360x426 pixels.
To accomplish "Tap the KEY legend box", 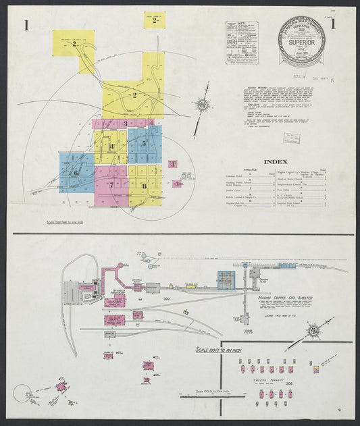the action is pyautogui.click(x=242, y=43).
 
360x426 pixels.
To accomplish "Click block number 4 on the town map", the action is pyautogui.click(x=112, y=147).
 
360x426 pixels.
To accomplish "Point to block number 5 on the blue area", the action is pyautogui.click(x=144, y=144).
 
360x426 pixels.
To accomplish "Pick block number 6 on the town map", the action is pyautogui.click(x=76, y=173).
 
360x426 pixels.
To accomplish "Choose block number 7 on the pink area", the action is pyautogui.click(x=111, y=184).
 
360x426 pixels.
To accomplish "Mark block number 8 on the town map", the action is pyautogui.click(x=144, y=185).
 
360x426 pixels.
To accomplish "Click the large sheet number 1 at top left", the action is pyautogui.click(x=26, y=26).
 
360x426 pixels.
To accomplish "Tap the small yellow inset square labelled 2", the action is pyautogui.click(x=154, y=20).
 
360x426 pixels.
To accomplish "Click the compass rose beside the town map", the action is pyautogui.click(x=202, y=106).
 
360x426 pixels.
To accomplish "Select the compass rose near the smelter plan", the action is pyautogui.click(x=314, y=331).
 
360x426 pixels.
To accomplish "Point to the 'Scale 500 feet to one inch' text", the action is pyautogui.click(x=66, y=221).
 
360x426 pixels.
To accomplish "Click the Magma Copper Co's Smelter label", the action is pyautogui.click(x=284, y=296).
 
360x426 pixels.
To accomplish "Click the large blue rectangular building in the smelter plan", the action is pyautogui.click(x=225, y=279).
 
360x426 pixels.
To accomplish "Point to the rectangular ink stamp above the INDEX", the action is pyautogui.click(x=292, y=138).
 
